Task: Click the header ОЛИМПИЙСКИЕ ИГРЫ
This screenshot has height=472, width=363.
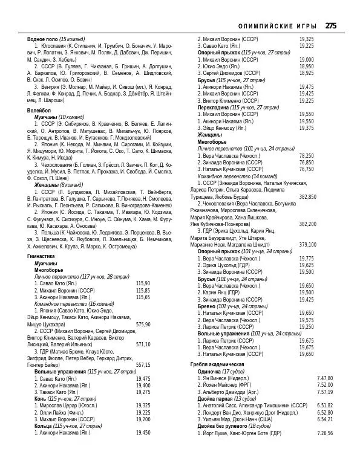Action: pos(279,26)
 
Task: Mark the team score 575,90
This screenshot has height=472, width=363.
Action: pos(143,324)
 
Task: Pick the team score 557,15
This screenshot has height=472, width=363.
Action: pos(143,364)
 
